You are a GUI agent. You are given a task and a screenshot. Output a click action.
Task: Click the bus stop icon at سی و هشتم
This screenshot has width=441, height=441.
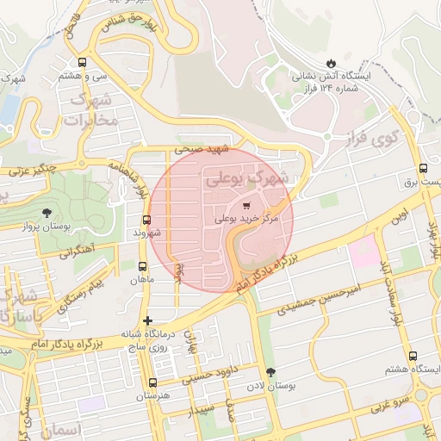click(x=82, y=62)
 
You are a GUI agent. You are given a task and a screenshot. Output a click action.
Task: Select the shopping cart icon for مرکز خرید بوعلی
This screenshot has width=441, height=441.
click(x=248, y=206)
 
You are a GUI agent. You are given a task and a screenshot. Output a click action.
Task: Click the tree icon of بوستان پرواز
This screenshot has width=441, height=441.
click(x=46, y=213)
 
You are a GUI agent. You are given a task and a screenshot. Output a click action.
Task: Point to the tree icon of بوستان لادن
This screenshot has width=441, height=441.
click(x=272, y=371)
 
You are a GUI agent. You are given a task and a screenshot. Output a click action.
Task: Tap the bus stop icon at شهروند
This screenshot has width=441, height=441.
click(x=146, y=220)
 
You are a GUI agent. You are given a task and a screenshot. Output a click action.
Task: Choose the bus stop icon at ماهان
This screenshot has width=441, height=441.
click(x=142, y=266)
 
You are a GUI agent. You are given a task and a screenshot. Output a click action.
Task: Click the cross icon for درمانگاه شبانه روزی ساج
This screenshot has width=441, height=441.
click(x=147, y=320)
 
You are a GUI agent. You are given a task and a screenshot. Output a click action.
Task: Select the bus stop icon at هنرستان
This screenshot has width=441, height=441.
click(x=153, y=382)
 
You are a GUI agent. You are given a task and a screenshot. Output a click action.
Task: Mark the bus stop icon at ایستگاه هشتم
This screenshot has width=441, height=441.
click(x=413, y=355)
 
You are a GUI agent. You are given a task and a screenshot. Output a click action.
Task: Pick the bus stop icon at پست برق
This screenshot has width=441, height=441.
click(x=422, y=169)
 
